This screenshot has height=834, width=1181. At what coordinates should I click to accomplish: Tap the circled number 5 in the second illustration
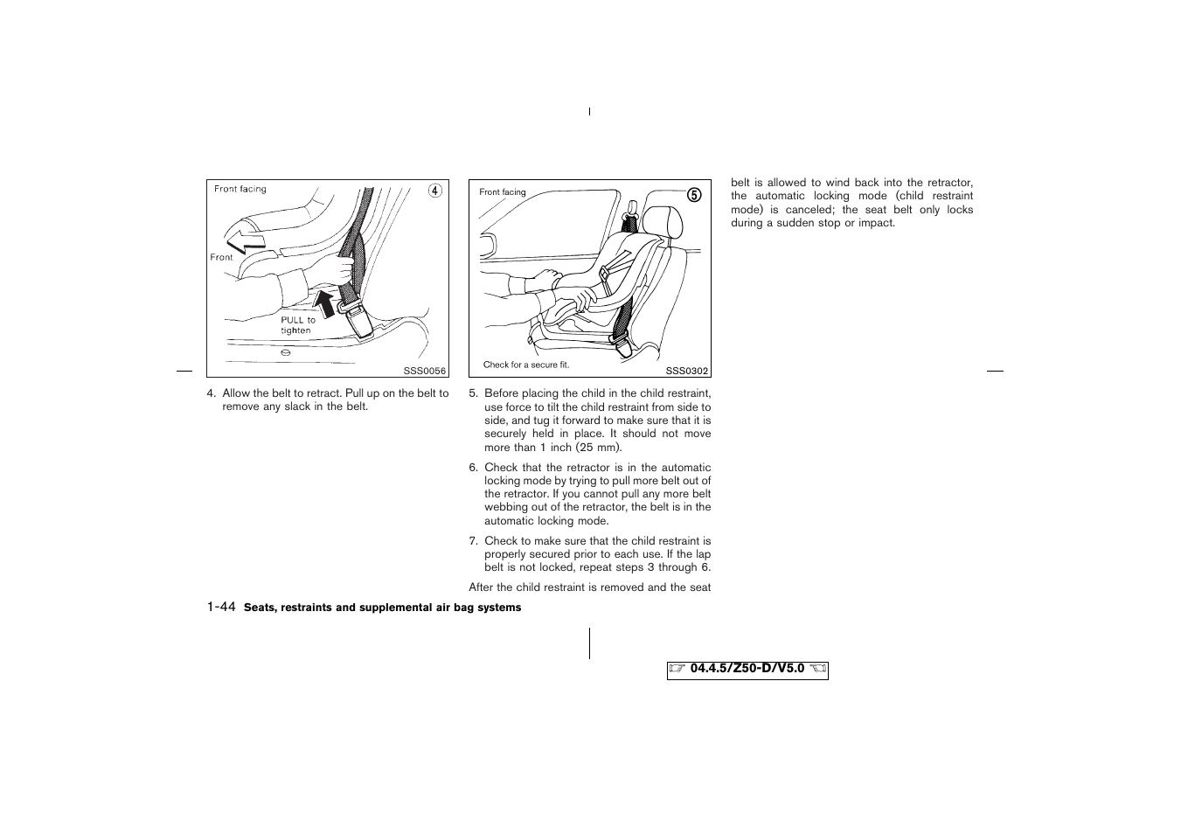click(x=694, y=195)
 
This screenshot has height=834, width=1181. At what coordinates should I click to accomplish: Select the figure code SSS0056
click(x=425, y=371)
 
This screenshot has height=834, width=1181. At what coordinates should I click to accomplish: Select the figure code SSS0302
click(x=686, y=371)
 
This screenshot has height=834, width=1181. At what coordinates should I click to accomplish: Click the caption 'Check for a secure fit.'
click(x=525, y=365)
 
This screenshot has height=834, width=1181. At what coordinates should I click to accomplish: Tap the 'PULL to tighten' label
click(x=297, y=325)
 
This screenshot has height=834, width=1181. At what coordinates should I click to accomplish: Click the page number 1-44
click(x=221, y=607)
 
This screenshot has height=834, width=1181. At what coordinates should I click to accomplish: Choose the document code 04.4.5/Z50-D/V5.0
click(x=747, y=669)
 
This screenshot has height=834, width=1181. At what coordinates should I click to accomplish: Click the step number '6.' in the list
click(x=474, y=468)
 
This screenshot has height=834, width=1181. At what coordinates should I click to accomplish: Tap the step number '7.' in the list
click(x=474, y=541)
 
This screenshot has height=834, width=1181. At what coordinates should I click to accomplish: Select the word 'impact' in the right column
click(x=876, y=223)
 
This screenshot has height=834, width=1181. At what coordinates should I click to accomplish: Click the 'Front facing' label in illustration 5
click(x=503, y=192)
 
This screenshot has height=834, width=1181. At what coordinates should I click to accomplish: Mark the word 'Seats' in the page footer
click(x=259, y=608)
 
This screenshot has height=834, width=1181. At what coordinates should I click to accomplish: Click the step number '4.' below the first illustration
click(x=212, y=393)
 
